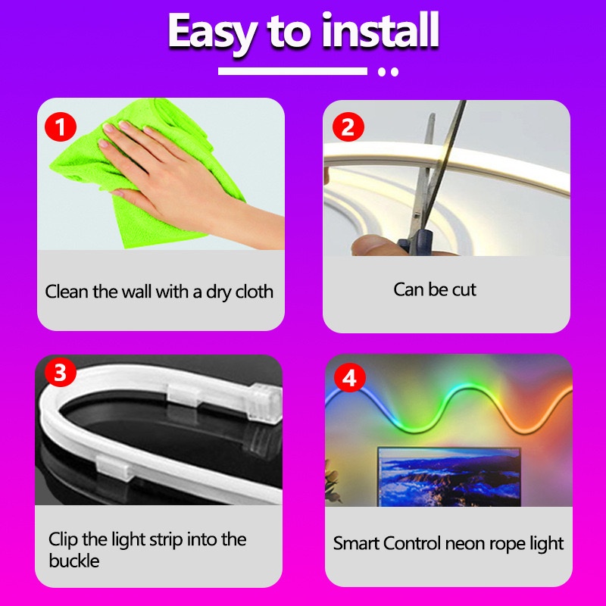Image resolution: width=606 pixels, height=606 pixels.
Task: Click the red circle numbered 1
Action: pyautogui.click(x=61, y=127)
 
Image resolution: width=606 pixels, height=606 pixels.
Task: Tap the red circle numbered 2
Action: pyautogui.click(x=348, y=127)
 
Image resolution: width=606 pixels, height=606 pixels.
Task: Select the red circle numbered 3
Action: pyautogui.click(x=61, y=372)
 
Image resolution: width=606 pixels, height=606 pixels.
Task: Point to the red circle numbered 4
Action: pyautogui.click(x=350, y=376)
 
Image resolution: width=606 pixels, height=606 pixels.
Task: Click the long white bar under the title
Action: pyautogui.click(x=292, y=71)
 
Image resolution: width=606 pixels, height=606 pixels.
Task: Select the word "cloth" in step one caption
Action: pyautogui.click(x=255, y=292)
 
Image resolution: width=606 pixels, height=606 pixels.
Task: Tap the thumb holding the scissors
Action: pyautogui.click(x=370, y=245)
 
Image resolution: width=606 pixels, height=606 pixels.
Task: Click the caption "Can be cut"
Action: pyautogui.click(x=435, y=289)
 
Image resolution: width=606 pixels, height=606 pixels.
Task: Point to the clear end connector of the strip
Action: pyautogui.click(x=265, y=403)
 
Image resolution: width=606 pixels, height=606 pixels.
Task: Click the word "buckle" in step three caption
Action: pyautogui.click(x=73, y=561)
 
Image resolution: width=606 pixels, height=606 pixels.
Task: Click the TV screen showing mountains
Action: pyautogui.click(x=449, y=477)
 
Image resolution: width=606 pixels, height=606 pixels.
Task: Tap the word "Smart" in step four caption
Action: pyautogui.click(x=356, y=543)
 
